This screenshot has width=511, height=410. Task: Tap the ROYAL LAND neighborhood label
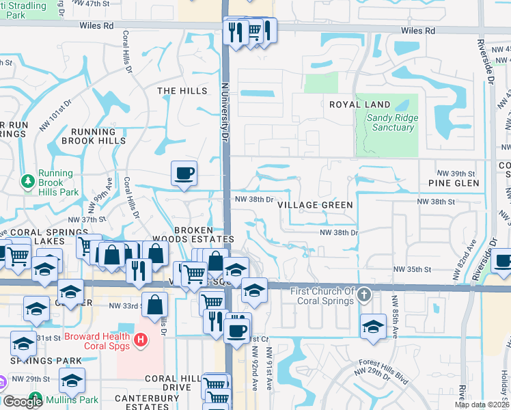click(360, 105)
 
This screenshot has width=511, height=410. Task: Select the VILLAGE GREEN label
click(315, 205)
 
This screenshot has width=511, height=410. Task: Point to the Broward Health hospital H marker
click(140, 338)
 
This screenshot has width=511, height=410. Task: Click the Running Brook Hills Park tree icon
click(28, 182)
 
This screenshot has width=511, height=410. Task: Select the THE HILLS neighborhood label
click(182, 91)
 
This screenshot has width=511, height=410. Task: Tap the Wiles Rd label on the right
click(418, 31)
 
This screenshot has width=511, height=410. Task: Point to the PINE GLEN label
click(454, 183)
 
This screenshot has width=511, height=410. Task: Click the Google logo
click(23, 402)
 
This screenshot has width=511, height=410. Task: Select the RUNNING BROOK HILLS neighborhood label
click(94, 136)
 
